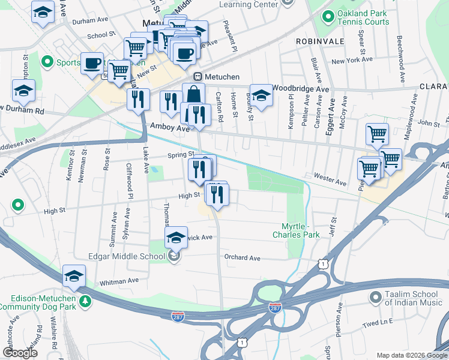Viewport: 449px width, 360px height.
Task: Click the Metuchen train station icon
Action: tap(197, 77)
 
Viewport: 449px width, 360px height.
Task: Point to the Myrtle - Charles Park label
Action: tap(301, 230)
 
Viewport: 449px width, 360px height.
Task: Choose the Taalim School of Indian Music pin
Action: tap(376, 297)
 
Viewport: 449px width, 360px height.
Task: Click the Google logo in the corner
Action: tap(20, 353)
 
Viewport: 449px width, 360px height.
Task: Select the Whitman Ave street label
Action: tap(119, 281)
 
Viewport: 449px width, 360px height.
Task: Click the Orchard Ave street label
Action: tap(242, 258)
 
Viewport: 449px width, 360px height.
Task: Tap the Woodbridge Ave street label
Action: tap(301, 88)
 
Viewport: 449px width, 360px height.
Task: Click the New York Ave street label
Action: tap(353, 61)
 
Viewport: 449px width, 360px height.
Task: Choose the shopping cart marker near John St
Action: tap(377, 134)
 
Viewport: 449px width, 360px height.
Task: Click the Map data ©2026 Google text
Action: tap(411, 355)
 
